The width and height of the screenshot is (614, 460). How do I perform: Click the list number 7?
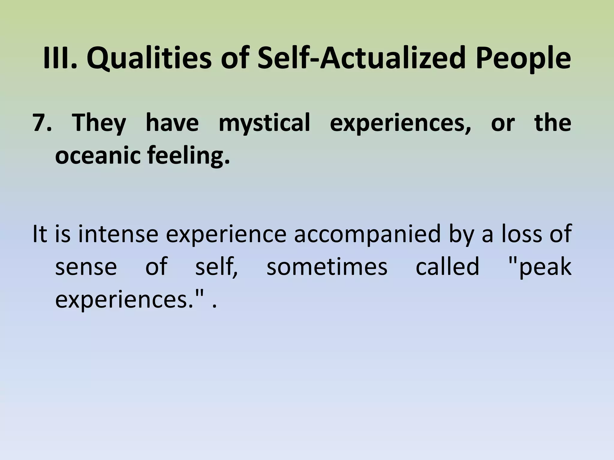pyautogui.click(x=42, y=123)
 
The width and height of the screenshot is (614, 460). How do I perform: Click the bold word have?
pyautogui.click(x=172, y=123)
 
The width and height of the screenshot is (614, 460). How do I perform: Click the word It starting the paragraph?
pyautogui.click(x=40, y=234)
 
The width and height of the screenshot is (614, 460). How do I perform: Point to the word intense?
pyautogui.click(x=118, y=234)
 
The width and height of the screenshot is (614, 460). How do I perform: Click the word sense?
pyautogui.click(x=86, y=267)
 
